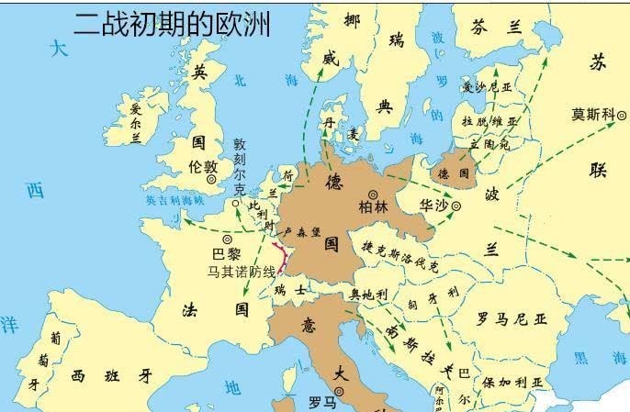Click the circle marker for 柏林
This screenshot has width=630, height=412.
click(x=374, y=194)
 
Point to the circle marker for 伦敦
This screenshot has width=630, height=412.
click(x=212, y=181)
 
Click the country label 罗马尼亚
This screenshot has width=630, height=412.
click(x=512, y=319)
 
